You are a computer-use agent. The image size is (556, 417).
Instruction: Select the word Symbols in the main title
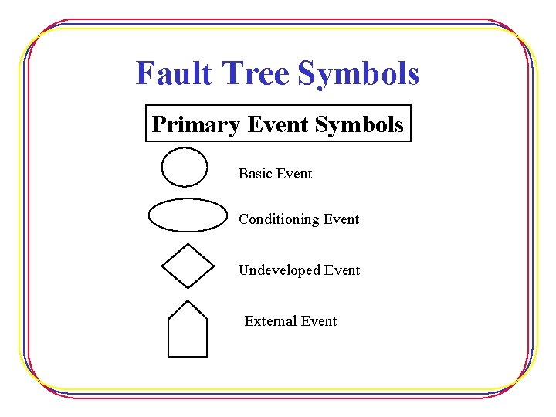(358, 74)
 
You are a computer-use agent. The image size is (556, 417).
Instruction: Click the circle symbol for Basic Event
(185, 167)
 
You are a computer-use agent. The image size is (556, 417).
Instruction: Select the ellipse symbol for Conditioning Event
(188, 215)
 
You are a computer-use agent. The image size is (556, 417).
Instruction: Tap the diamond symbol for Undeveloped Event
(188, 266)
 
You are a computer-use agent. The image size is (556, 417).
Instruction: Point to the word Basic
(255, 174)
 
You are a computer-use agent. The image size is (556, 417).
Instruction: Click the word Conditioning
(279, 219)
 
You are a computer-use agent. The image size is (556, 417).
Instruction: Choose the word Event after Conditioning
(341, 219)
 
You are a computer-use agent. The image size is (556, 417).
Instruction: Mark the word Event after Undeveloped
(341, 270)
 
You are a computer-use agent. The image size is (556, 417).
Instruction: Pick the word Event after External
(318, 321)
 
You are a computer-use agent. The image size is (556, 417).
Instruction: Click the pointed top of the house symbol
(188, 301)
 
